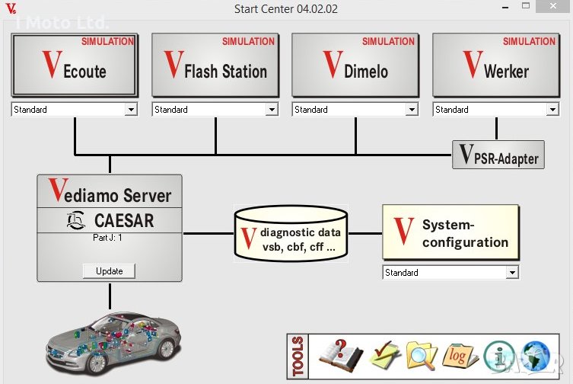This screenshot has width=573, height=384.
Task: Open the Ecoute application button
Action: [x=75, y=66]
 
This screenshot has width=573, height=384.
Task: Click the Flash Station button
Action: [x=215, y=66]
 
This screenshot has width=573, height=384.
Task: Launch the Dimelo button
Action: [x=355, y=66]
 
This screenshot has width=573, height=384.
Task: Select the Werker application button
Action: [x=496, y=66]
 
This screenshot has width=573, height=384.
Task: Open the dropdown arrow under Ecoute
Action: [x=131, y=110]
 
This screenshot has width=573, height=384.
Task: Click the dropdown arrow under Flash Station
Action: [x=272, y=110]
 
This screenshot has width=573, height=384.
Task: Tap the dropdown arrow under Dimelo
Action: [x=412, y=110]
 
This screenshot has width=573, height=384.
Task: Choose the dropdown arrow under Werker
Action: [x=552, y=110]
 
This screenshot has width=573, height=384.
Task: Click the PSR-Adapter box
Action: [x=498, y=155]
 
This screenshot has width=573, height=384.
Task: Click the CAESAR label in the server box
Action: [x=110, y=221]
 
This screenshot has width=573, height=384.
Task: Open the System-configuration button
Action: [x=450, y=233]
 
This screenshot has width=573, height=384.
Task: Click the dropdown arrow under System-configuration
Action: [x=512, y=273]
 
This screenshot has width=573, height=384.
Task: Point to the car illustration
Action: [x=114, y=339]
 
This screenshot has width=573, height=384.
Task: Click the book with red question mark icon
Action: [x=340, y=355]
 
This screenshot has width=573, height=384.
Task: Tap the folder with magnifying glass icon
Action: [x=422, y=355]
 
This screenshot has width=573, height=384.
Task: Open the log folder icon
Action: [x=460, y=356]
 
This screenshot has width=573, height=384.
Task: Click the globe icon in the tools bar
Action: [x=536, y=356]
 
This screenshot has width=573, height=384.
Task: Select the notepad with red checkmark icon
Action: [x=383, y=356]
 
